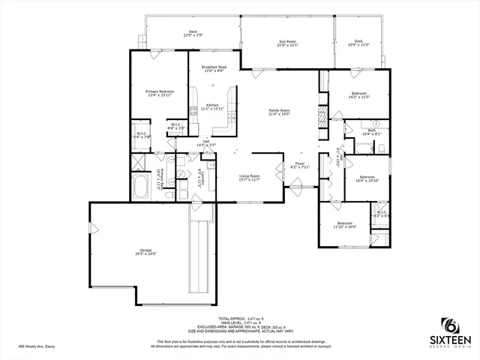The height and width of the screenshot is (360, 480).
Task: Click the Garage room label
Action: point(145,252)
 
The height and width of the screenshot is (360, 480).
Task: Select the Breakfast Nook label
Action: point(214,69)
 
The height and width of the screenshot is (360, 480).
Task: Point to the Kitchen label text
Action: point(212,106)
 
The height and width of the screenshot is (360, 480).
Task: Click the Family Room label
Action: point(279,112)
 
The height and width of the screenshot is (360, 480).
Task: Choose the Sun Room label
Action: point(287,43)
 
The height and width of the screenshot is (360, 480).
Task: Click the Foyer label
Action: point(299,165)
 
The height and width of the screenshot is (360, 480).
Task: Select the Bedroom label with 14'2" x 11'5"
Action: point(358,95)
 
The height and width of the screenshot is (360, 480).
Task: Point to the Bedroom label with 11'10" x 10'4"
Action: point(344,225)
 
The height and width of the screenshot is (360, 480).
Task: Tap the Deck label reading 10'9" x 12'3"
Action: point(358,43)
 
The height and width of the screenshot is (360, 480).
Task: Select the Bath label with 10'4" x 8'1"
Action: point(372,132)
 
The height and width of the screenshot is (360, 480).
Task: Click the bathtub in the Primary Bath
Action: point(141,187)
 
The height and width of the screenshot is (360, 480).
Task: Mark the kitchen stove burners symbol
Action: point(193,111)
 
